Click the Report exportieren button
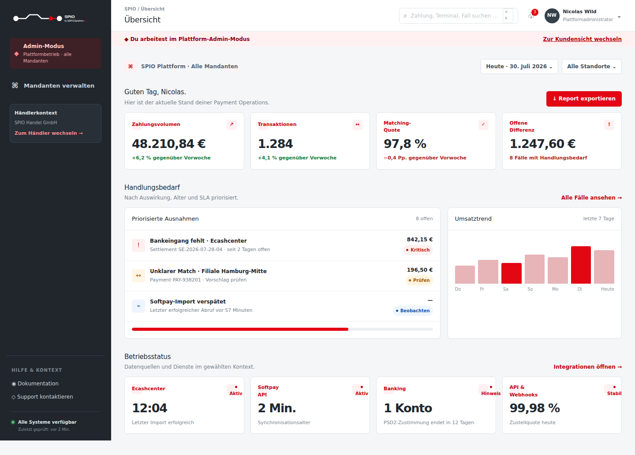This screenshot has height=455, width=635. click(584, 99)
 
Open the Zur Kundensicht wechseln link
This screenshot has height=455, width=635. click(582, 39)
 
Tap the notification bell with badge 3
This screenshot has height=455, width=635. click(531, 15)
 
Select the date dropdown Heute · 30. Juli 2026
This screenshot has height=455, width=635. click(519, 67)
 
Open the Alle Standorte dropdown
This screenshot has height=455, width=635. click(592, 67)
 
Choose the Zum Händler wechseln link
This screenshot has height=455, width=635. click(49, 133)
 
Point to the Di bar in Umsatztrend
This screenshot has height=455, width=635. click(581, 265)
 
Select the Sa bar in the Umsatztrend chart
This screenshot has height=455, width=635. click(512, 273)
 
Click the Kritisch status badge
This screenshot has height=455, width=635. click(418, 250)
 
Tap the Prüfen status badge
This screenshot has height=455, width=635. click(419, 280)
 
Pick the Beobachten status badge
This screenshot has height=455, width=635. click(413, 311)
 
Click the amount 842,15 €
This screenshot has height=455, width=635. click(420, 240)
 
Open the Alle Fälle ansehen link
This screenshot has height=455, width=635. click(591, 198)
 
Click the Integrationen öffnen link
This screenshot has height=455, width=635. click(588, 366)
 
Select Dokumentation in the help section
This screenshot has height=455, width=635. click(35, 383)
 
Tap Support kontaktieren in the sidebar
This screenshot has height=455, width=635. click(42, 397)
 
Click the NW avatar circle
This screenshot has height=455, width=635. click(552, 15)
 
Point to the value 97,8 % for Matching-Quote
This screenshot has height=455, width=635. click(405, 144)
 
